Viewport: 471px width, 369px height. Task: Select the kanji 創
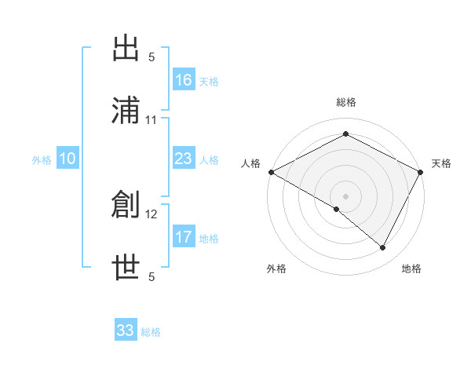[x=126, y=206]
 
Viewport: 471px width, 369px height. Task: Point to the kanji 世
[x=126, y=268]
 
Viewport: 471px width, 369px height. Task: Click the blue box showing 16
[x=184, y=79]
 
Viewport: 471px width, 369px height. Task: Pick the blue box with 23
[x=184, y=159]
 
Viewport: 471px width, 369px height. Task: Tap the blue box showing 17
[x=184, y=237]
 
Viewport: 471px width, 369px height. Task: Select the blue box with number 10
[x=68, y=159]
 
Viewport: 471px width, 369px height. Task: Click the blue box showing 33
[x=126, y=330]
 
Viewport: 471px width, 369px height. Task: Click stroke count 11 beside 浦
[x=152, y=120]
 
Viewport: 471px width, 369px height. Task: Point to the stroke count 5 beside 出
[x=152, y=57]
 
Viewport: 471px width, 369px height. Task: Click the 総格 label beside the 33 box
[x=151, y=332]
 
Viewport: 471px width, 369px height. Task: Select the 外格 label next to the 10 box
[x=42, y=160]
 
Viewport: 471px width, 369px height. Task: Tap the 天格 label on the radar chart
[x=441, y=163]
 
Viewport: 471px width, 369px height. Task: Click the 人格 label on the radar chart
[x=251, y=163]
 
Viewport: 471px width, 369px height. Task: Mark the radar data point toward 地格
[x=383, y=248]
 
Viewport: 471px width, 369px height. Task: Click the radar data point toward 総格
[x=345, y=134]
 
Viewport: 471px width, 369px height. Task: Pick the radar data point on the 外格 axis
[x=337, y=209]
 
